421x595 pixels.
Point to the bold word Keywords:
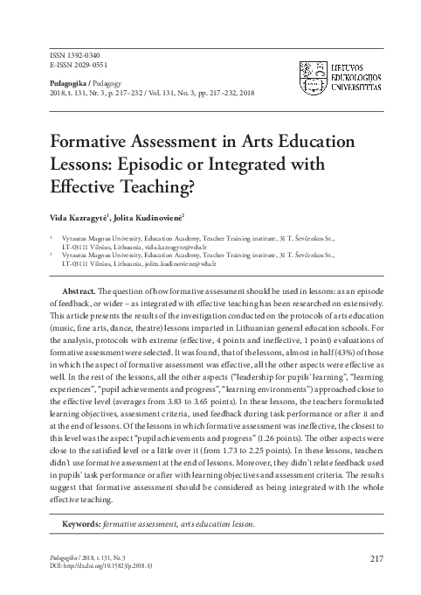coord(79,524)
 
